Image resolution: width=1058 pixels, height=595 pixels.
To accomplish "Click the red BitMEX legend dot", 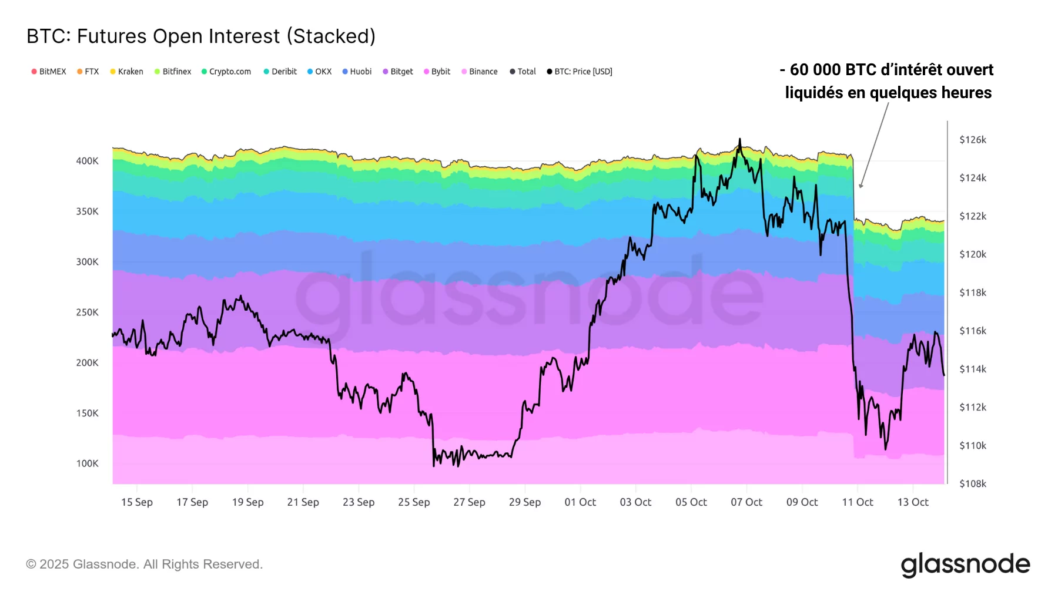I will tap(34, 72).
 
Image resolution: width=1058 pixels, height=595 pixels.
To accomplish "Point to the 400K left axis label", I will tap(87, 161).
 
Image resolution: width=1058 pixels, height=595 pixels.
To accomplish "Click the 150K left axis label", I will tap(87, 414).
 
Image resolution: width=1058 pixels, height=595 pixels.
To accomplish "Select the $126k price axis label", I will tap(973, 140).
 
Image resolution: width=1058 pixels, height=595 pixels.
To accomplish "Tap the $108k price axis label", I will tap(973, 484).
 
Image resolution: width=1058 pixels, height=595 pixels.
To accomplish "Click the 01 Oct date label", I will tap(580, 502).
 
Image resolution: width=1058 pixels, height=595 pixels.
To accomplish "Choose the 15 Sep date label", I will tap(137, 502).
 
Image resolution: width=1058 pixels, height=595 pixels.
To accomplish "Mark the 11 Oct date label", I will tap(858, 502).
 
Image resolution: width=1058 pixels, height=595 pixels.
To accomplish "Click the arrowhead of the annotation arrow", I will tap(861, 186).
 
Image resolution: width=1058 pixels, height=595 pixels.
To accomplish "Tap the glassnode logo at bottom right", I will tap(965, 564).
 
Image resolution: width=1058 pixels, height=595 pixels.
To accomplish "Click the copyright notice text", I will tap(144, 564).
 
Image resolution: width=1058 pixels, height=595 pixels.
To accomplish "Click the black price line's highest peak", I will tap(739, 140).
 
